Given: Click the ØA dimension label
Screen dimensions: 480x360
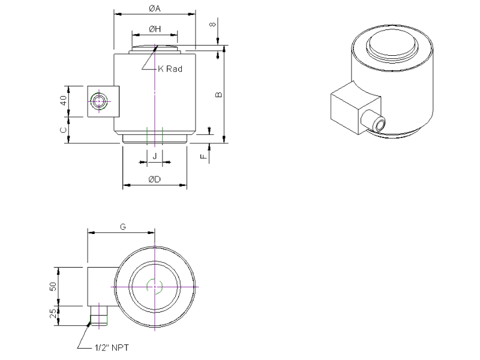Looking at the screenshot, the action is (x=155, y=8).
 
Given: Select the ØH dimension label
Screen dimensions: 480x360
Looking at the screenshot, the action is (x=155, y=29).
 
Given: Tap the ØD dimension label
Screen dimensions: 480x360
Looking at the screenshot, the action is (x=155, y=179).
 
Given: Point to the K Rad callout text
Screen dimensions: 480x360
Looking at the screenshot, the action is (x=170, y=69).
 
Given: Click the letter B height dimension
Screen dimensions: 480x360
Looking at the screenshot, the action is (x=219, y=95).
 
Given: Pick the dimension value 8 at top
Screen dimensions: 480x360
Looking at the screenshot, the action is (x=213, y=24).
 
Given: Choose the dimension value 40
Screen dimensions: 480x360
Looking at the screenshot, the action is (x=64, y=100).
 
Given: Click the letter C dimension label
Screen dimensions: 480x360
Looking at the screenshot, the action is (x=64, y=130).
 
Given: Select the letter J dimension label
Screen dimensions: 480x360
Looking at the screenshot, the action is (x=155, y=157).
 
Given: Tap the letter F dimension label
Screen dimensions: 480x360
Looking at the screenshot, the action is (x=203, y=157).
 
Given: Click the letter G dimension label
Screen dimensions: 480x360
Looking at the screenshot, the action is (x=123, y=227).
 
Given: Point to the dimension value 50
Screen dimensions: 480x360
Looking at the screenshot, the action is (x=53, y=287).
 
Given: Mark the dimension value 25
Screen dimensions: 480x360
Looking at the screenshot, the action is (x=53, y=313).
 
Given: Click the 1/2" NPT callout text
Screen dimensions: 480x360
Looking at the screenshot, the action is (x=112, y=348).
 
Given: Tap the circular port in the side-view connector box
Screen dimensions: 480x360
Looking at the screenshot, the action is (x=99, y=101).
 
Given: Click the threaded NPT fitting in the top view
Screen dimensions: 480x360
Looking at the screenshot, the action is (x=99, y=316).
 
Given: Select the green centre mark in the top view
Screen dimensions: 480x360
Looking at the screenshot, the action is (x=155, y=287).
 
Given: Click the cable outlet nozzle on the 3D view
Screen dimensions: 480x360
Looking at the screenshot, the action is (x=373, y=121).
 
